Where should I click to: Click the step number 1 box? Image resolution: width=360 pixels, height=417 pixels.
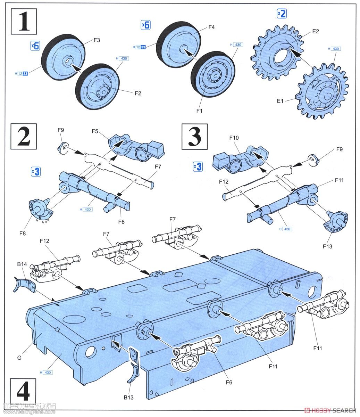[24, 22]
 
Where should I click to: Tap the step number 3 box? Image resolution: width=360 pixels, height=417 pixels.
[194, 136]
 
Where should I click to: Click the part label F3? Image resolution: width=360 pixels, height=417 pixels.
[97, 40]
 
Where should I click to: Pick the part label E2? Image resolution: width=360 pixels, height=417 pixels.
[315, 31]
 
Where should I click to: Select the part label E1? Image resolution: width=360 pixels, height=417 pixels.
[280, 101]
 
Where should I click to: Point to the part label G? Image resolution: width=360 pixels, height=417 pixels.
[19, 357]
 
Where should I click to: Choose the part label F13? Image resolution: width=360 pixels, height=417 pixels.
[327, 246]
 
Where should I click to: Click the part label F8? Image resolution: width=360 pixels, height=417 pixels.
[23, 234]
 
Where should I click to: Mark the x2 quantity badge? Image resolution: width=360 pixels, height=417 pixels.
[282, 14]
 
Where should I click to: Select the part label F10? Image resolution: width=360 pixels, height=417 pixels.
[234, 138]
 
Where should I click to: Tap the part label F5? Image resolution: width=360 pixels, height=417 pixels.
[95, 131]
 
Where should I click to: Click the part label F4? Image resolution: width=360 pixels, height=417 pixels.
[211, 27]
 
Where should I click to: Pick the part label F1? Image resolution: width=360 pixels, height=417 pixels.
[199, 111]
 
